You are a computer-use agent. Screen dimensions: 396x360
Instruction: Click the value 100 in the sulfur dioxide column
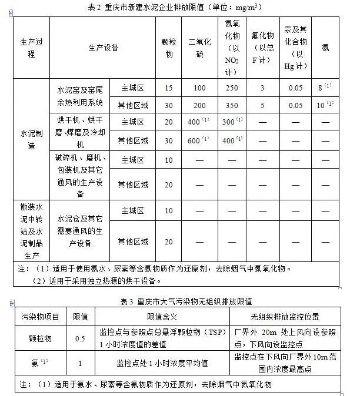(199, 88)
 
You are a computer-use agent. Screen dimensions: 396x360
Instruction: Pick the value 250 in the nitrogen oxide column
(232, 88)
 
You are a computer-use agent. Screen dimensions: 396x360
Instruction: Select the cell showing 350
(232, 105)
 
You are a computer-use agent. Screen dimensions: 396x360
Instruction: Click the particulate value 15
(169, 88)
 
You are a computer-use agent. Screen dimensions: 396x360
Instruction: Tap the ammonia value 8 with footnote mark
(325, 88)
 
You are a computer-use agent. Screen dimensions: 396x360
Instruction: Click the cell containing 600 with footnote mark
(199, 141)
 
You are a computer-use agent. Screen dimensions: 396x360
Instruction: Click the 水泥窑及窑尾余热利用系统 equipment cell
(81, 96)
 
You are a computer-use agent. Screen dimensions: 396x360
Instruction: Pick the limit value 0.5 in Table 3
(81, 338)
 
